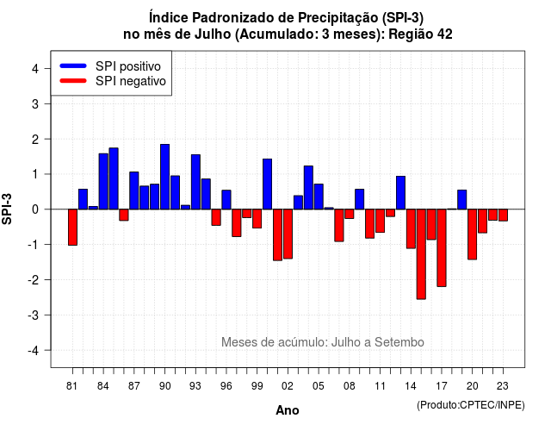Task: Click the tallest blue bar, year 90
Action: coord(164,177)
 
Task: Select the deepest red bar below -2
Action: coord(421,254)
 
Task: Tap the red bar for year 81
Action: coord(72,228)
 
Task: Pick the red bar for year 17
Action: coord(442,247)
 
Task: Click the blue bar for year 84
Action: coord(103,181)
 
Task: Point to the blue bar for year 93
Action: coord(195,182)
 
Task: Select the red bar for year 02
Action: coord(288,234)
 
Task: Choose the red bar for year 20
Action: coord(473,234)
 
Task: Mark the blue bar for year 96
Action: coord(226,199)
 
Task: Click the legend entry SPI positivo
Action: coord(128,66)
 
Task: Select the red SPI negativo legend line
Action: coord(73,81)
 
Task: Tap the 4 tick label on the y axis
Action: coord(35,69)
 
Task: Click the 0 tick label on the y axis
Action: coord(35,209)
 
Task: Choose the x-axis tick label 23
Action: coord(503,386)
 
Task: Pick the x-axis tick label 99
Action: coord(257,386)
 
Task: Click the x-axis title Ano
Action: coord(288,410)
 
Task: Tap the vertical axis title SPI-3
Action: coord(7,209)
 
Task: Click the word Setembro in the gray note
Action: coord(399,342)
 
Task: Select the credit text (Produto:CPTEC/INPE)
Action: coord(471,405)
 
